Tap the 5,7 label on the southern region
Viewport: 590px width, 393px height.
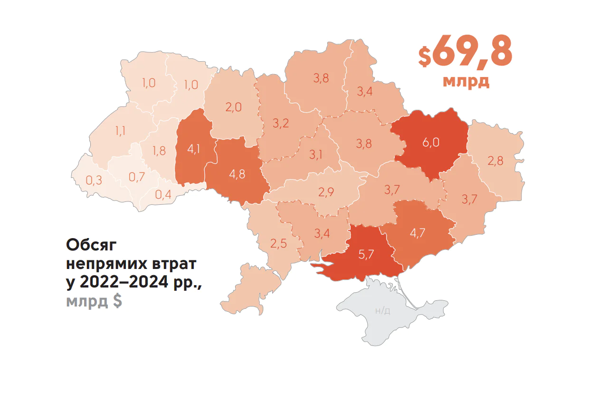(366, 254)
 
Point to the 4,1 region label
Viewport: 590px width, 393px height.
(193, 149)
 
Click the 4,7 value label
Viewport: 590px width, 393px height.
(418, 233)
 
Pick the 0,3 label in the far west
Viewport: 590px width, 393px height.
(94, 181)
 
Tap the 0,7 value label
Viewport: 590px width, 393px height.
(136, 177)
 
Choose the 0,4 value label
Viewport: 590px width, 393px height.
(163, 194)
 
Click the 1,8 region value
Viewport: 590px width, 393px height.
(159, 151)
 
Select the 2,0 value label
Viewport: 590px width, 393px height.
(233, 107)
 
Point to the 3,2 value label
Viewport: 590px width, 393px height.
(281, 124)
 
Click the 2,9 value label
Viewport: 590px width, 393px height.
(326, 192)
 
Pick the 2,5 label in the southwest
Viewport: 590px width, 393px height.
(278, 244)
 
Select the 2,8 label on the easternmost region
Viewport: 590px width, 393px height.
(495, 161)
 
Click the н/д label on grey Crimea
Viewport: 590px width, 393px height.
(383, 311)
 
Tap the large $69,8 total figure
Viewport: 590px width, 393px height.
(465, 51)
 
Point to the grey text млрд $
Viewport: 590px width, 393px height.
(94, 301)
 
